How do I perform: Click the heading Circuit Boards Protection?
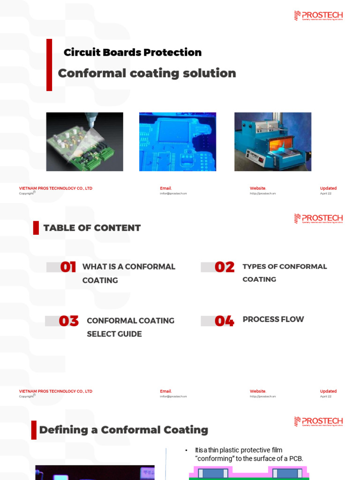pyautogui.click(x=133, y=52)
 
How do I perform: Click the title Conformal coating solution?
pyautogui.click(x=147, y=73)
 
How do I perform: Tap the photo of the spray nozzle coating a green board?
pyautogui.click(x=84, y=142)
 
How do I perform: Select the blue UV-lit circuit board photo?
pyautogui.click(x=178, y=142)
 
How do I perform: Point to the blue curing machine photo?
pyautogui.click(x=273, y=142)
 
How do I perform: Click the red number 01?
pyautogui.click(x=68, y=267)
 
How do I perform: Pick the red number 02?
pyautogui.click(x=225, y=267)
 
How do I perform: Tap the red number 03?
pyautogui.click(x=68, y=321)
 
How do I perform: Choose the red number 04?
pyautogui.click(x=225, y=321)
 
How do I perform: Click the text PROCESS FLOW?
pyautogui.click(x=273, y=319)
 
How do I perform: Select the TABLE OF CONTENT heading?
pyautogui.click(x=92, y=228)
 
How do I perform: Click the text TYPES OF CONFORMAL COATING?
pyautogui.click(x=285, y=273)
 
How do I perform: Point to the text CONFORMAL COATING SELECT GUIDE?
pyautogui.click(x=130, y=327)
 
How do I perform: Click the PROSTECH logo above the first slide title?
pyautogui.click(x=318, y=16)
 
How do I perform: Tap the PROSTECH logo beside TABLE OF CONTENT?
pyautogui.click(x=318, y=218)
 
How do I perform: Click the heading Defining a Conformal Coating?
pyautogui.click(x=123, y=430)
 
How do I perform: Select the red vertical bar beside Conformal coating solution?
pyautogui.click(x=49, y=65)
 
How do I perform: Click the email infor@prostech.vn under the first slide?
pyautogui.click(x=173, y=194)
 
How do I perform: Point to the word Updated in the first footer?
pyautogui.click(x=328, y=188)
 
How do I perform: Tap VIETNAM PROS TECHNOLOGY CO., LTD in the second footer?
pyautogui.click(x=55, y=391)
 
